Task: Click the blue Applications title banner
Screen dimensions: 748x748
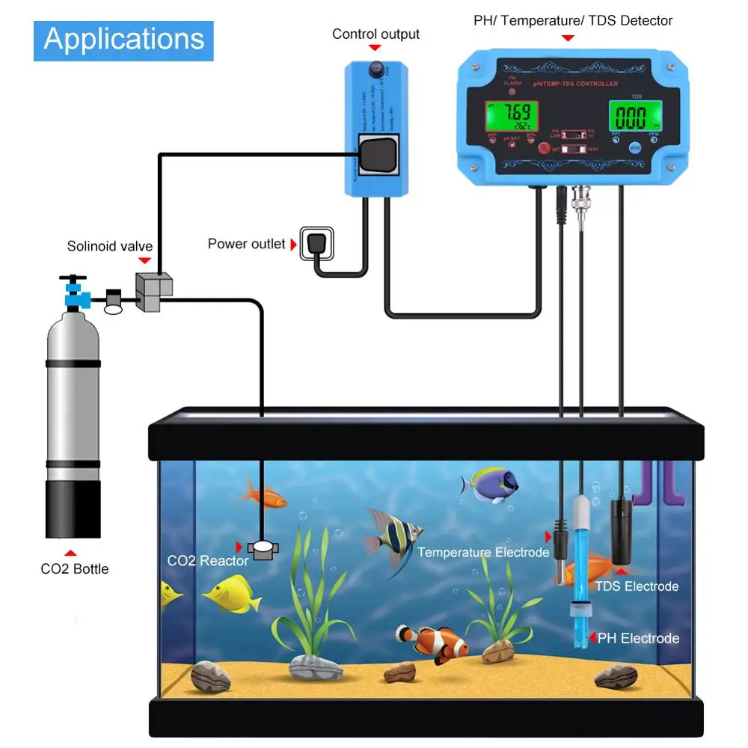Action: point(123,40)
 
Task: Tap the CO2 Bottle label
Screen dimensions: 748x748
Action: point(75,569)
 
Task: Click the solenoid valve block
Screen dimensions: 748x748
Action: point(153,292)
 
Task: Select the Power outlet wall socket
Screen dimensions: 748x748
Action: point(316,243)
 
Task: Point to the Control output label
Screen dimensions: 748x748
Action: point(375,34)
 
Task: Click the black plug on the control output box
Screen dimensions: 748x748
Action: point(378,155)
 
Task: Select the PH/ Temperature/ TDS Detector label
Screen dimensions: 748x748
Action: point(573,21)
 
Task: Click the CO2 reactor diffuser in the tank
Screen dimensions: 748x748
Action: point(263,549)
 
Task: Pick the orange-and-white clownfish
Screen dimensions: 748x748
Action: point(434,643)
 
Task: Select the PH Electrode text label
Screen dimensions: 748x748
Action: point(638,638)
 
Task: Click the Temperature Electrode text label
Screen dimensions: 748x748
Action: point(483,552)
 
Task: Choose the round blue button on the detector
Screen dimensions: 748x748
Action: point(635,148)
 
